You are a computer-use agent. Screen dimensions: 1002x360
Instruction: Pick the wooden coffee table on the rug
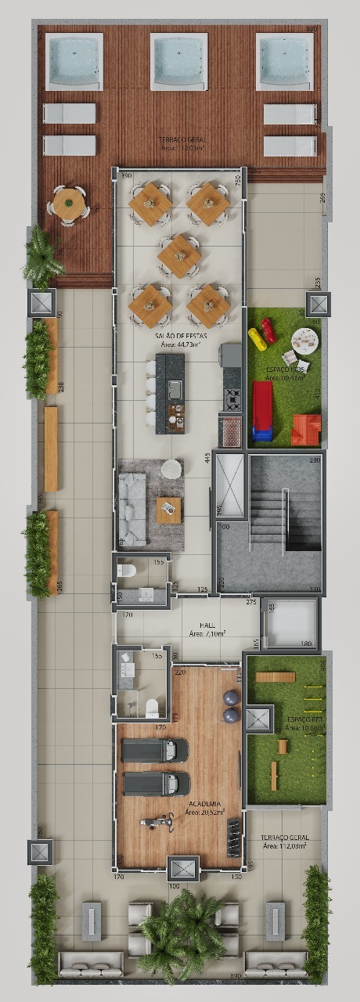pos(168,510)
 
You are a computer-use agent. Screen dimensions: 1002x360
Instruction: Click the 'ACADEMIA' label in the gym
pos(203,803)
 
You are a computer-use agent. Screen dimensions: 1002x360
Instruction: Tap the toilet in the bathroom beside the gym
pos(153,706)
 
